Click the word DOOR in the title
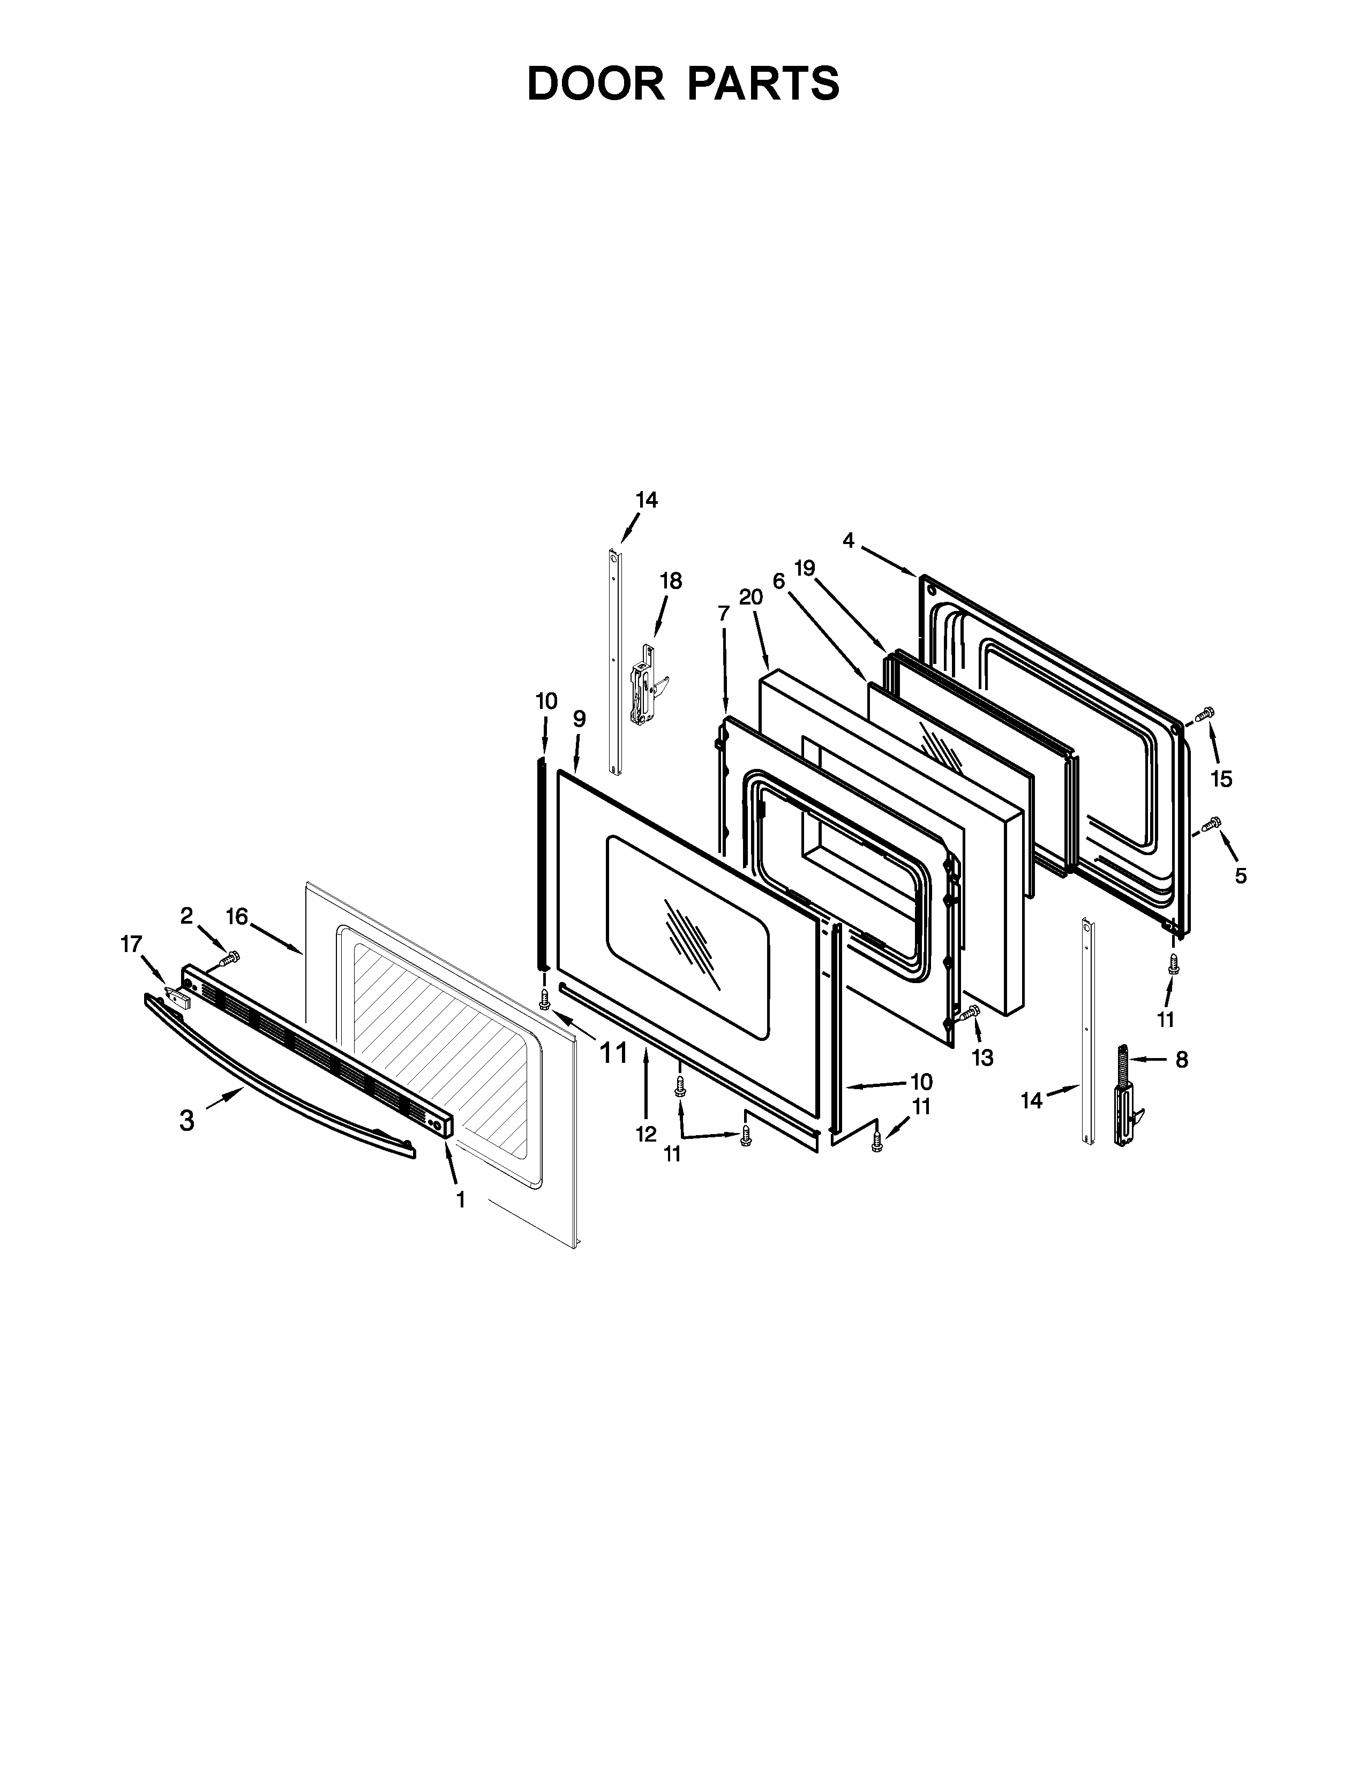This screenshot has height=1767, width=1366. [x=595, y=84]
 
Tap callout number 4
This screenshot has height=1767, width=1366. [x=848, y=540]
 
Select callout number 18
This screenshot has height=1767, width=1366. [x=671, y=581]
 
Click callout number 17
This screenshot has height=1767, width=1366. [x=131, y=943]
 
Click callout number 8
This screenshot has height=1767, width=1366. [x=1182, y=1060]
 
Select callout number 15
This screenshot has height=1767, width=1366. [x=1221, y=779]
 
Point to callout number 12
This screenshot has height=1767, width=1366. [x=645, y=1134]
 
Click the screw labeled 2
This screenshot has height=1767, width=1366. [x=230, y=959]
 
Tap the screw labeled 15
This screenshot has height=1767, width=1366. [x=1205, y=714]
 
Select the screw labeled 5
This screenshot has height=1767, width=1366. [x=1211, y=825]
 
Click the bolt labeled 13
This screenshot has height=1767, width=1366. [x=969, y=1011]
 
